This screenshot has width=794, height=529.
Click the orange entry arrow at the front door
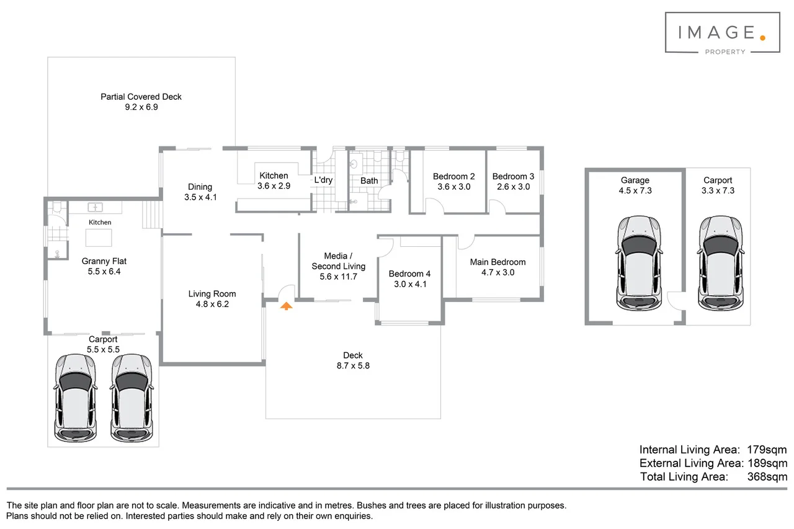coord(286,306)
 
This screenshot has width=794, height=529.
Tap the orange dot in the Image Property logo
coord(762,38)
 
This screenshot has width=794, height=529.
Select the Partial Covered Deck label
coord(141,97)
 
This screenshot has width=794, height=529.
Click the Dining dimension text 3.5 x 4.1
coord(200,197)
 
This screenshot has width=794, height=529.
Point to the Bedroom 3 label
coord(513,177)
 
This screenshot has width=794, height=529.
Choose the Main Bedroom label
coord(497,262)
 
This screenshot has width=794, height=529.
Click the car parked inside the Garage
coord(639,264)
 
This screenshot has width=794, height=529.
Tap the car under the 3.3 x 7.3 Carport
coord(721,264)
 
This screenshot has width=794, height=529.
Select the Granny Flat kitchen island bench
coord(99,238)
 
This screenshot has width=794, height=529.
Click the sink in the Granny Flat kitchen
coord(95,207)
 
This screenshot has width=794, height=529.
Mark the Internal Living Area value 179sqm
coord(767,450)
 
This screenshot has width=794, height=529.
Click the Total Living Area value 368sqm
coord(767,476)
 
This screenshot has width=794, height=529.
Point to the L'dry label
coord(323,180)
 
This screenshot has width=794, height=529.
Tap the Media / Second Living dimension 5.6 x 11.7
coord(339,277)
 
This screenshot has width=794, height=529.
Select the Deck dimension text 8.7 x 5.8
coord(353,366)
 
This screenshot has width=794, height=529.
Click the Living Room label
coord(212,294)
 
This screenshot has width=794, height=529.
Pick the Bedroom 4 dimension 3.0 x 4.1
coord(410,284)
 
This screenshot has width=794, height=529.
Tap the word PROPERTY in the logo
coord(725,52)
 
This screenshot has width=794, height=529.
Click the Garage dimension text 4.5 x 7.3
coord(635,190)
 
